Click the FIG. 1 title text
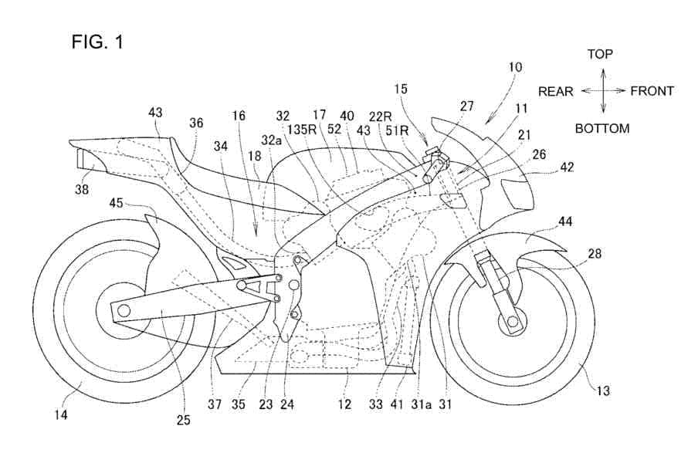tap(97, 42)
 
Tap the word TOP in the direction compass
tap(600, 54)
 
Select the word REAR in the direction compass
tap(556, 92)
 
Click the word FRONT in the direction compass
tap(652, 91)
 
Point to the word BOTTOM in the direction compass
tap(602, 129)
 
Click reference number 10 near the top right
tap(515, 68)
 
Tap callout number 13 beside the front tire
tap(603, 391)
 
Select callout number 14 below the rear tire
tap(60, 415)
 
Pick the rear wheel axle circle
tap(124, 309)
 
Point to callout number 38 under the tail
tap(82, 190)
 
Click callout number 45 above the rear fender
tap(117, 203)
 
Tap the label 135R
tap(302, 130)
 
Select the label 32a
tap(272, 140)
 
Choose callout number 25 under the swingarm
tap(184, 420)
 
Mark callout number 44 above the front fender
tap(565, 221)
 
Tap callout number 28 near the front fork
tap(595, 254)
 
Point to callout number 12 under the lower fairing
tap(344, 404)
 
